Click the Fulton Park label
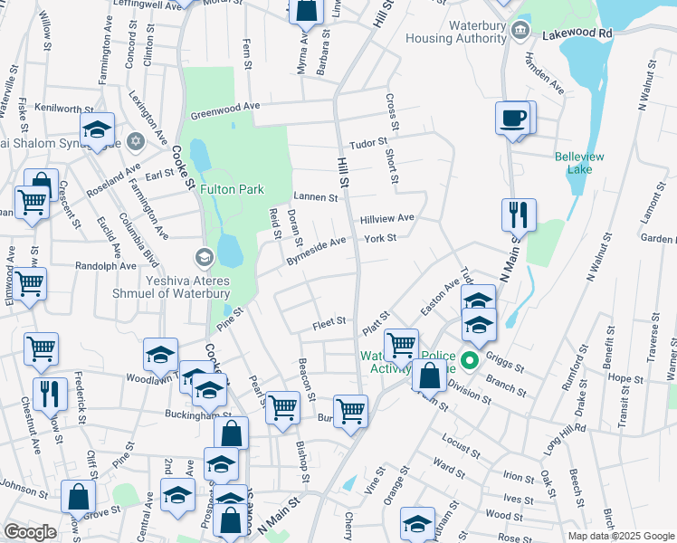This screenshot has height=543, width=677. (232, 189)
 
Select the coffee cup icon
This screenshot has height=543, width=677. (514, 118)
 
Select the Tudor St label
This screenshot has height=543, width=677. (368, 142)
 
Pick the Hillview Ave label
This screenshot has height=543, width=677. (386, 218)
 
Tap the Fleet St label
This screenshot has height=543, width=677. (329, 321)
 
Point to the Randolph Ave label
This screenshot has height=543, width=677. (106, 266)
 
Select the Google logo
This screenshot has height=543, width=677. (30, 532)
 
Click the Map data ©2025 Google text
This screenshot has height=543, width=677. (620, 536)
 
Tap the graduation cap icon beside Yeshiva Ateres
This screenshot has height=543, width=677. (205, 258)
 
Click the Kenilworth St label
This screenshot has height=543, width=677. (57, 108)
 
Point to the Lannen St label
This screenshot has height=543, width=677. (316, 196)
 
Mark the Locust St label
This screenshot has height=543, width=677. (461, 446)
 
